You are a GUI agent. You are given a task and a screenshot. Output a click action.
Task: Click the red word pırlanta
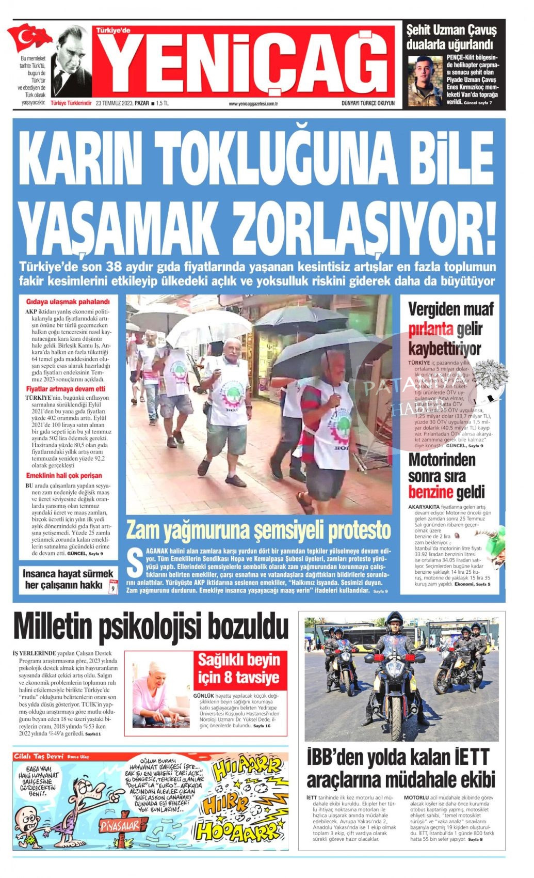coord(430,329)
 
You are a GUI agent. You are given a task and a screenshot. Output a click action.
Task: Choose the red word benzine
coord(430,492)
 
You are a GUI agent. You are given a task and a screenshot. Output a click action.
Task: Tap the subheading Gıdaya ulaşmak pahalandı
coord(61,302)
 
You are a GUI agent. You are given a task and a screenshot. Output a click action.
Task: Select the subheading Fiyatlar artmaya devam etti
coord(66,389)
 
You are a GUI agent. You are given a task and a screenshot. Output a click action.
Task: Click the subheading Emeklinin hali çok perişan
coord(64,476)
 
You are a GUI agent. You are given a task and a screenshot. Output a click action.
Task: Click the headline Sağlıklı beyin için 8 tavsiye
coord(239,668)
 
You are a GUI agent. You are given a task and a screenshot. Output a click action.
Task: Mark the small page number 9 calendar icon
coord(113,588)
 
